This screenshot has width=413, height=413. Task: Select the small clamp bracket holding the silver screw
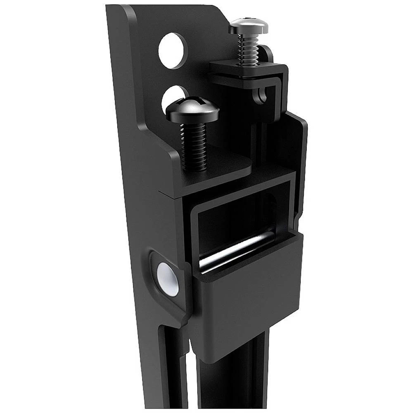tap(248, 74)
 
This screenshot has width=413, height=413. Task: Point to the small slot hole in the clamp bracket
tap(260, 96)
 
